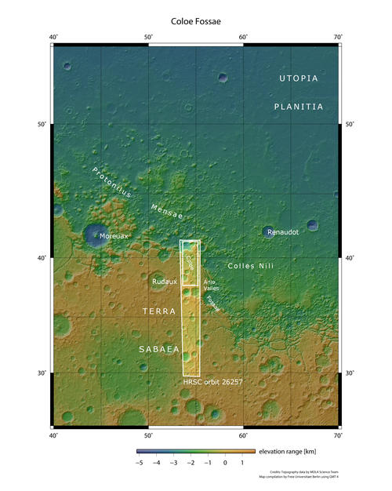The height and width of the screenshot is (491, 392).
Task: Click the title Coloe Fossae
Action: tap(195, 21)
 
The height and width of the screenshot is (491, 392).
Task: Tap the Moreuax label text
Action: tap(114, 235)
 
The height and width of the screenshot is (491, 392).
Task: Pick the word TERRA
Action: tap(159, 312)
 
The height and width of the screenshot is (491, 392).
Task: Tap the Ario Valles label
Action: tap(210, 285)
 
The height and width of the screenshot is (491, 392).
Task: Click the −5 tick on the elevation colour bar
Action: tap(139, 464)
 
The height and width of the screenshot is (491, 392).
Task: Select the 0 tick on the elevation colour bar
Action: tap(225, 464)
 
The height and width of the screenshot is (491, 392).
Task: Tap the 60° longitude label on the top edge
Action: tap(243, 37)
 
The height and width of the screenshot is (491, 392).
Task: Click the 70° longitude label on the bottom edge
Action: tap(337, 434)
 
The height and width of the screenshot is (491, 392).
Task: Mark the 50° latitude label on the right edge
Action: tap(349, 125)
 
